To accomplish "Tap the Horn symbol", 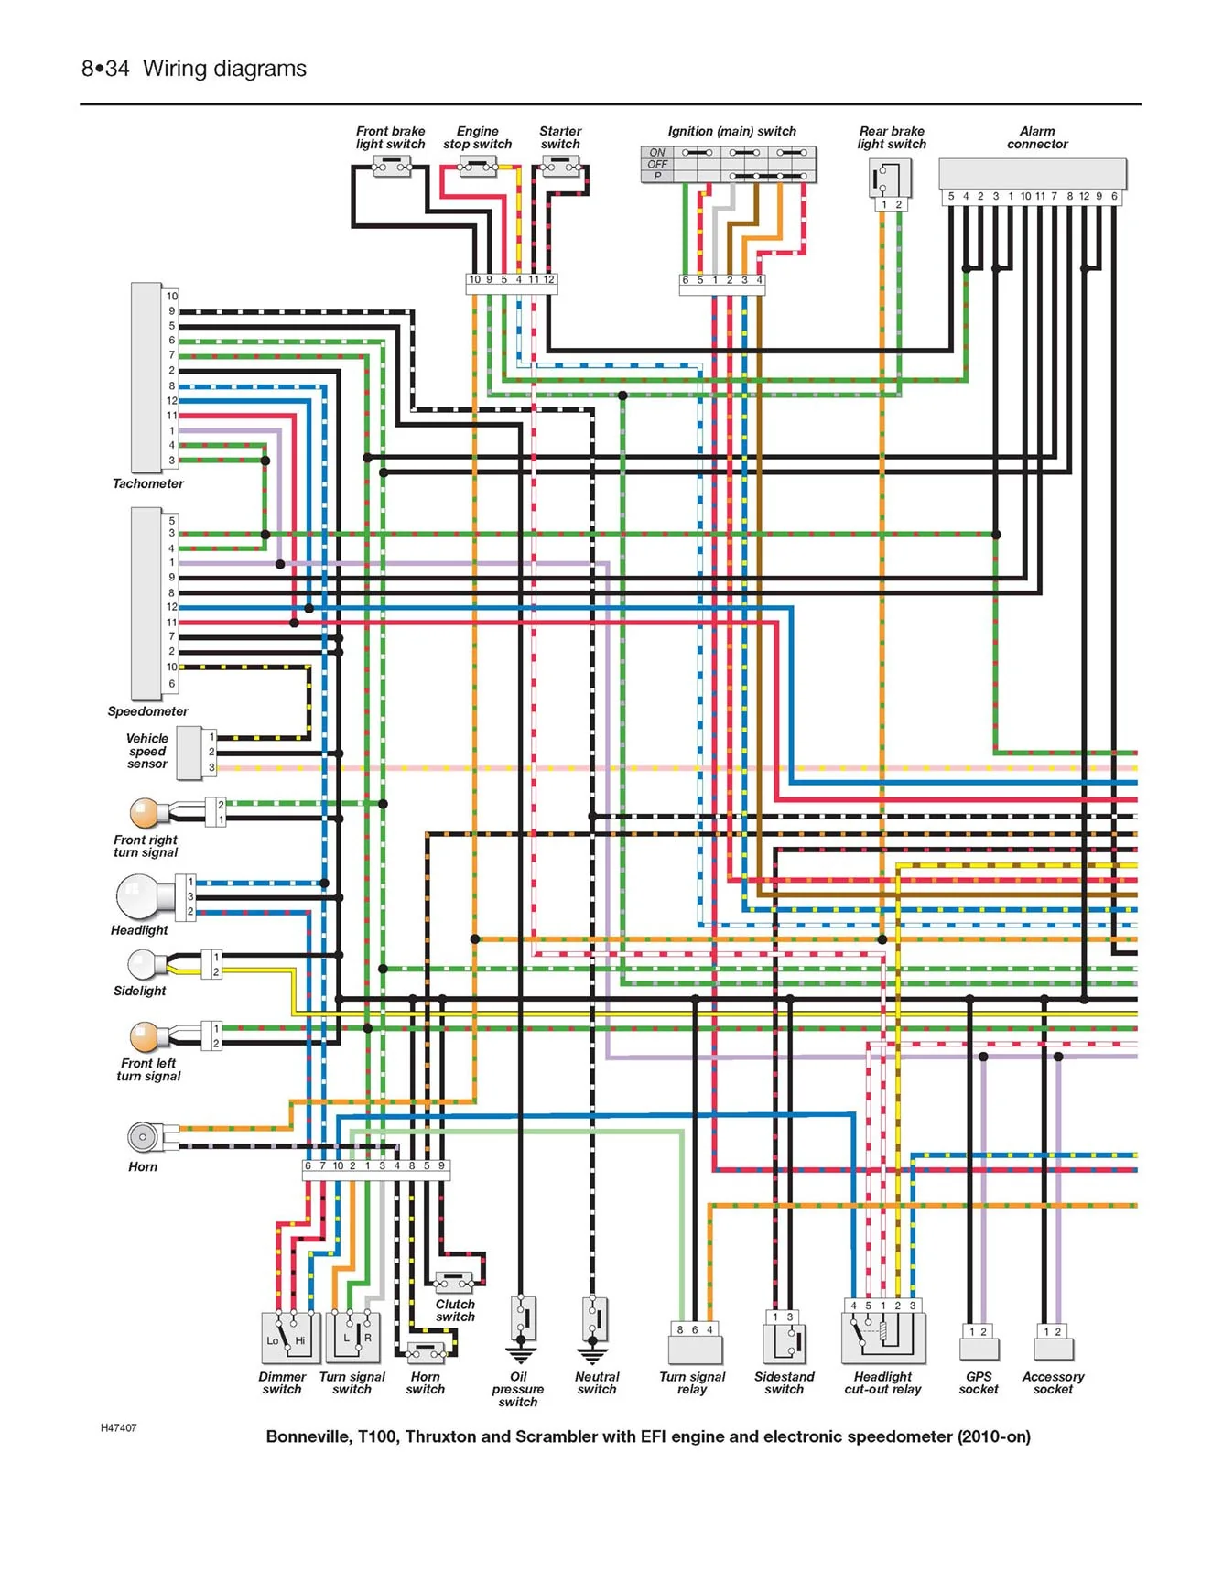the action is tap(144, 1137).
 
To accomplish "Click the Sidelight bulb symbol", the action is tap(145, 964).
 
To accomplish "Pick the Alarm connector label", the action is tap(1037, 137).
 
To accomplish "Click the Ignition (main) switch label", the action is tap(732, 131).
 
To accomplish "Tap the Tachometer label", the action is tap(148, 483).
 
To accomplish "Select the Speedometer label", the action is tap(147, 711).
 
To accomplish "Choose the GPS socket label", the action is tap(979, 1383).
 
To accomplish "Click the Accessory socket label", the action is tap(1053, 1383).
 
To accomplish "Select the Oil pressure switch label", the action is tap(518, 1390).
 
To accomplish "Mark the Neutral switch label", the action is tap(597, 1383).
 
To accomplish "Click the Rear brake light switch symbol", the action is tap(890, 178).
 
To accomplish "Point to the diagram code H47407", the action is tap(119, 1428).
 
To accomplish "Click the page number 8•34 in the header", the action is tap(105, 69).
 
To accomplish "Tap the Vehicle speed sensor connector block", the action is tap(190, 753).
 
